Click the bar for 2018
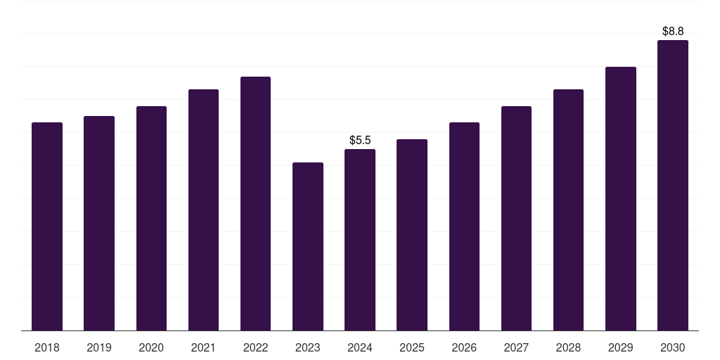pyautogui.click(x=47, y=226)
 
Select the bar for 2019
pyautogui.click(x=99, y=223)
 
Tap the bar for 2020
pyautogui.click(x=151, y=218)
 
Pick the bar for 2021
pyautogui.click(x=203, y=210)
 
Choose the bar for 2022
pyautogui.click(x=255, y=203)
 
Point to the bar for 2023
pyautogui.click(x=308, y=247)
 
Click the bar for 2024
pyautogui.click(x=360, y=240)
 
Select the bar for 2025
pyautogui.click(x=412, y=235)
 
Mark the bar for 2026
pyautogui.click(x=464, y=226)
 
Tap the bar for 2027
pyautogui.click(x=516, y=218)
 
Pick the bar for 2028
pyautogui.click(x=568, y=210)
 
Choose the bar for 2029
pyautogui.click(x=621, y=199)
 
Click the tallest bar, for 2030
pyautogui.click(x=673, y=186)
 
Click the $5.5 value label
pyautogui.click(x=360, y=140)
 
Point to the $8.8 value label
pyautogui.click(x=673, y=31)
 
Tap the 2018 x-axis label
pyautogui.click(x=47, y=347)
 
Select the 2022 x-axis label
pyautogui.click(x=255, y=347)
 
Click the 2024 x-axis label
pyautogui.click(x=360, y=347)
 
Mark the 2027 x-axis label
pyautogui.click(x=516, y=347)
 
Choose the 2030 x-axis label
pyautogui.click(x=673, y=347)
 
